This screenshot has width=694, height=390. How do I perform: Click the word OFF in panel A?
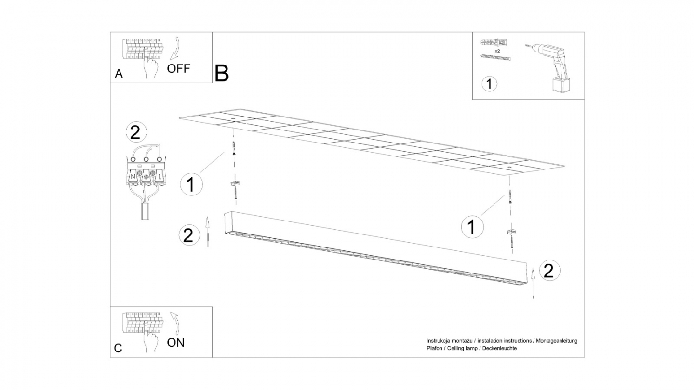[178, 68]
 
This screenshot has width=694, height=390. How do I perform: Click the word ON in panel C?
[175, 343]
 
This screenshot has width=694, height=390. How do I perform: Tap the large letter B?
[222, 73]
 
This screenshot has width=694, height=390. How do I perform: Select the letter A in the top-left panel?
[119, 74]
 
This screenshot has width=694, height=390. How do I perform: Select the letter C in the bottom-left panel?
[118, 348]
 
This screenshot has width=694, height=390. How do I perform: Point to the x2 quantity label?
[497, 51]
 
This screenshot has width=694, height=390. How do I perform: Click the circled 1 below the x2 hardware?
[490, 84]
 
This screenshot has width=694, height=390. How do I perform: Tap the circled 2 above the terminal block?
[136, 133]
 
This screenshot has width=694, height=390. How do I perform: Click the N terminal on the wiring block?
[133, 177]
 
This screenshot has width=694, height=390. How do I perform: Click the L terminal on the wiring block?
[160, 177]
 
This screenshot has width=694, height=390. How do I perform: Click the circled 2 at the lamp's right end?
[549, 271]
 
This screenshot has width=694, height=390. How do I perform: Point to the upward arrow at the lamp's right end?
[533, 283]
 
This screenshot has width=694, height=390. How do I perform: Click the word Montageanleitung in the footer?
[557, 341]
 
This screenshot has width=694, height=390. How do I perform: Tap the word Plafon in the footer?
[434, 348]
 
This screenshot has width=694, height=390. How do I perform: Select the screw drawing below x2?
[495, 57]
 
